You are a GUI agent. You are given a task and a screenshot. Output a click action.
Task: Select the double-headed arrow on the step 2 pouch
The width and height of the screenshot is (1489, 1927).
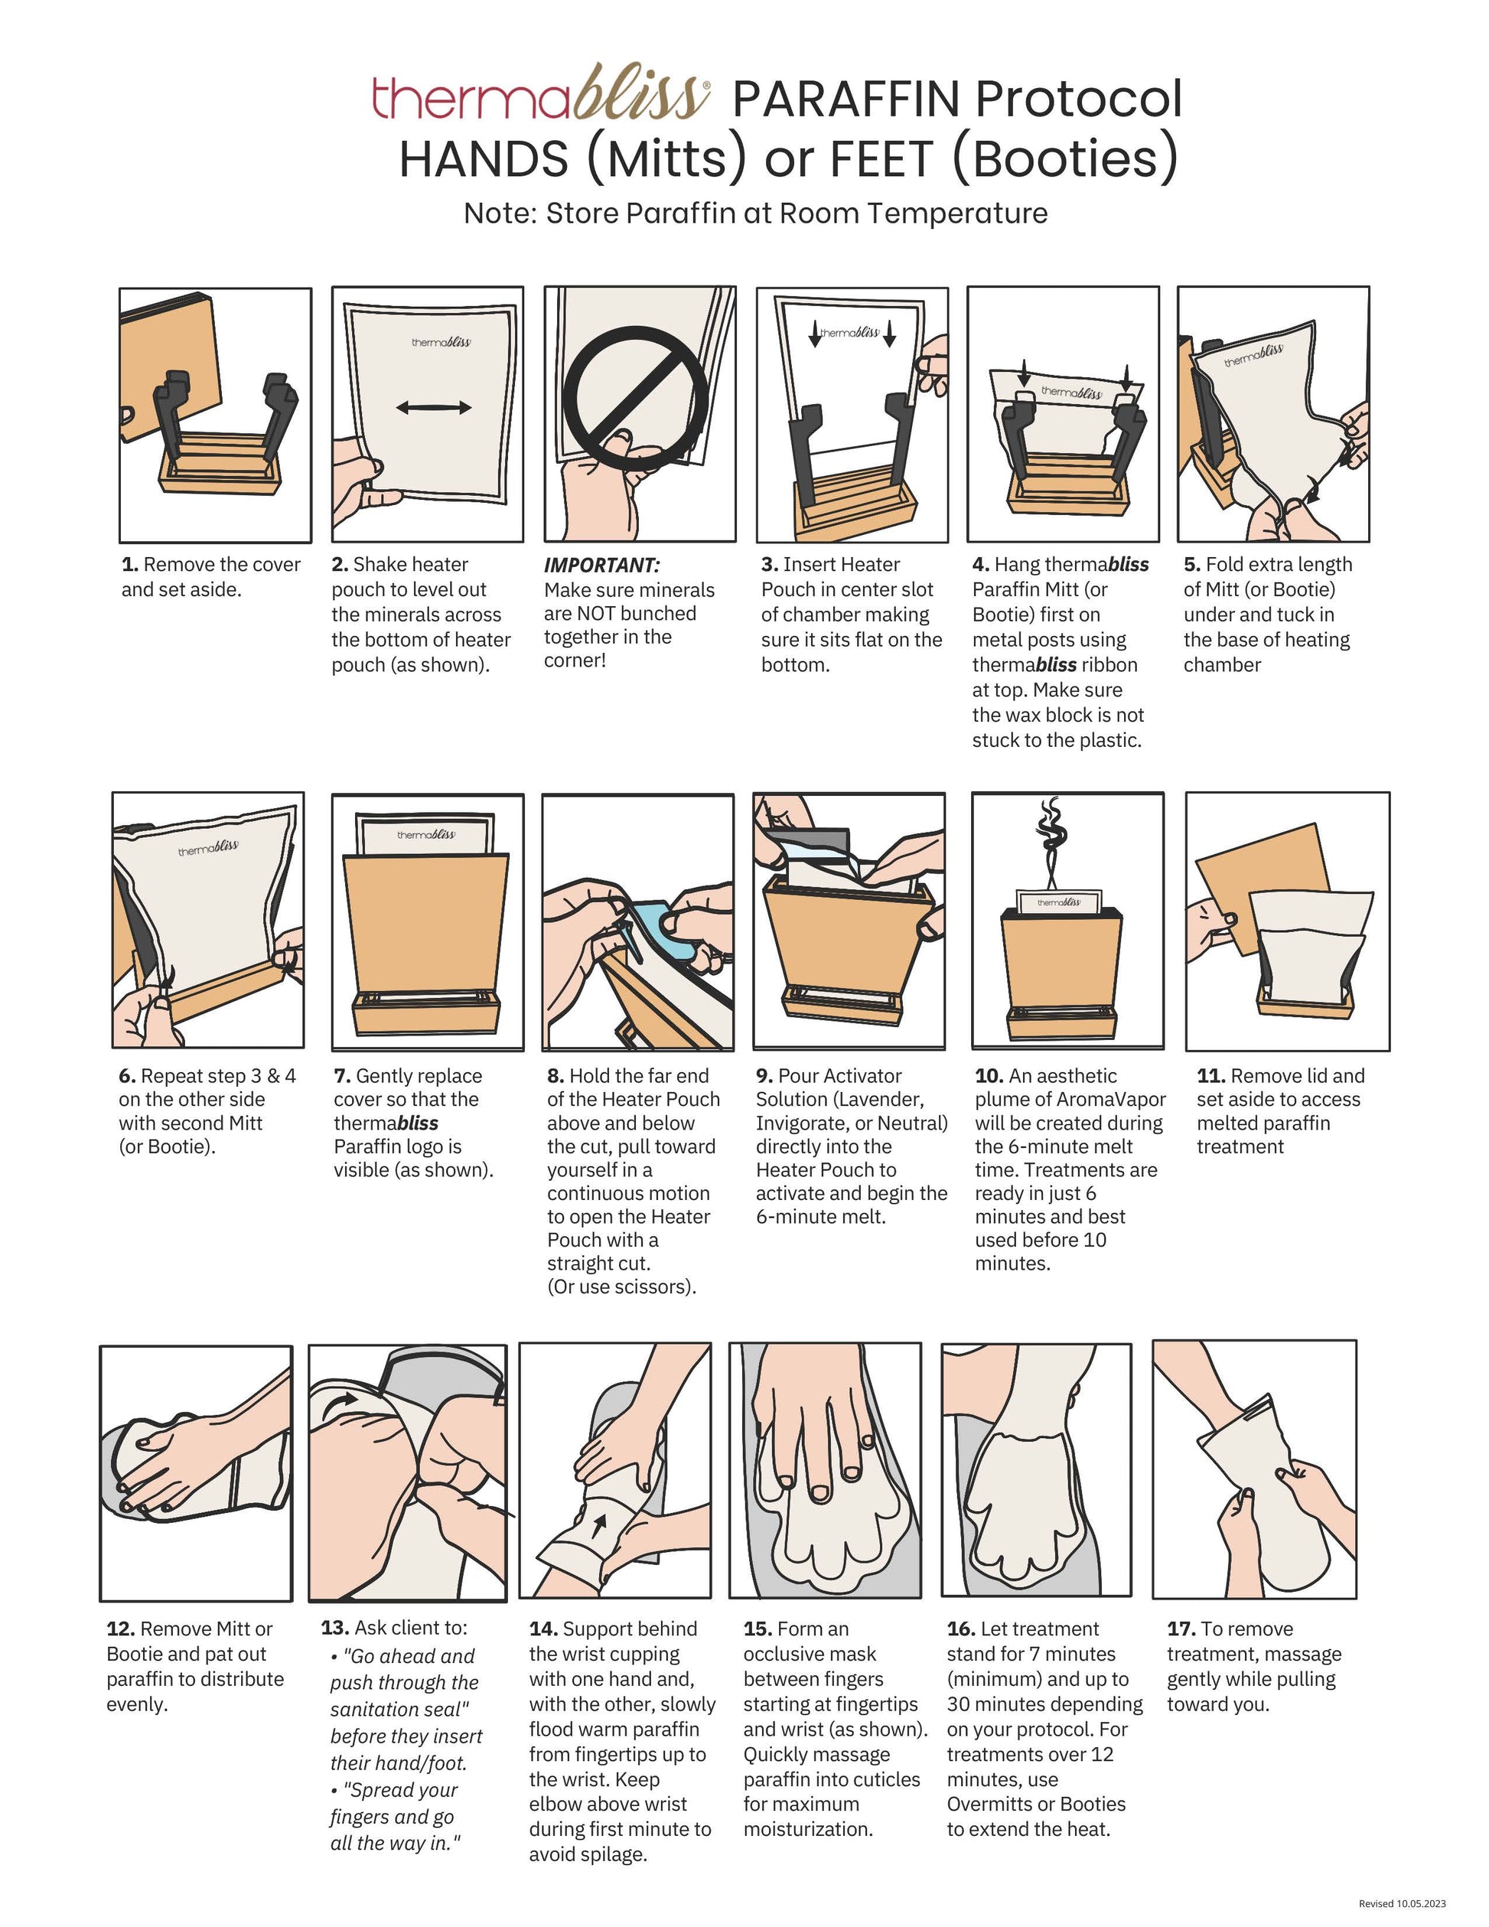point(433,407)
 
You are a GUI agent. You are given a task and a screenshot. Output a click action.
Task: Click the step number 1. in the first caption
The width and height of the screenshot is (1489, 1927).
point(129,565)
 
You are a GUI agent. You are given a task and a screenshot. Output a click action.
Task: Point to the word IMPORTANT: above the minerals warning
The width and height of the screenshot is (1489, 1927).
point(601,566)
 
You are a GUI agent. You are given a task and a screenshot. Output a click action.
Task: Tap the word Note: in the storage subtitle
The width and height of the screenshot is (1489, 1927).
point(500,214)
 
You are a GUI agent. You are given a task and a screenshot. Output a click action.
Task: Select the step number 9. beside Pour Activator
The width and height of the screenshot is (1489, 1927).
point(764,1077)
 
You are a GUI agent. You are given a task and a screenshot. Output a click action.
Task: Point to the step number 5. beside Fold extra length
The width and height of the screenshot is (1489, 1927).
point(1191,565)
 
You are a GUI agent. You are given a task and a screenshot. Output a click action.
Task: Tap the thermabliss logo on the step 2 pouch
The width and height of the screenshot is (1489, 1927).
point(441,341)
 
